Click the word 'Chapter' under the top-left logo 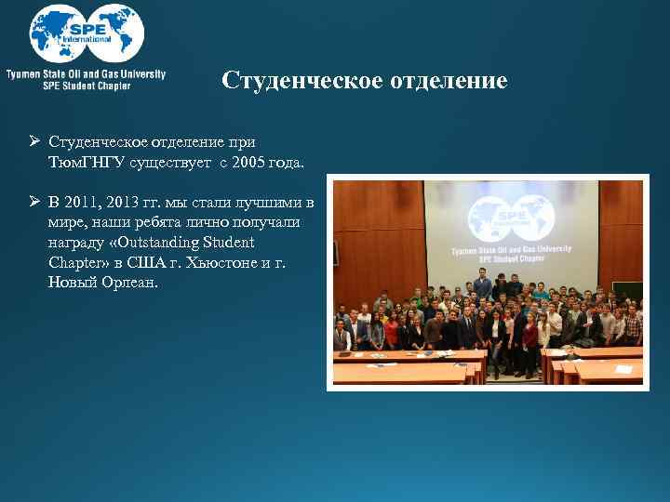point(111,86)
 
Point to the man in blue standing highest point(482,282)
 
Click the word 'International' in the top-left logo point(87,40)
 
